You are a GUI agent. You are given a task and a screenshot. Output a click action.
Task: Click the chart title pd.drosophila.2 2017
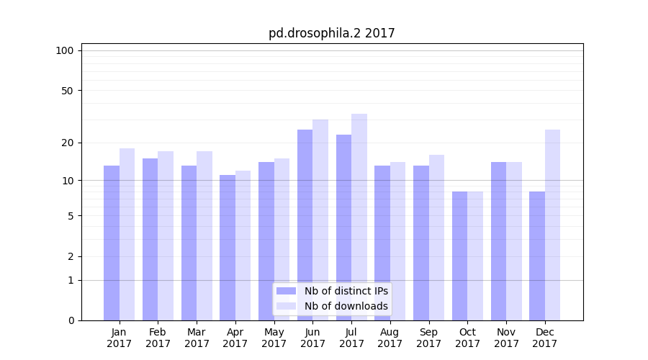click(331, 33)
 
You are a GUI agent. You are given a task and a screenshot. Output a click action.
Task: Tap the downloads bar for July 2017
click(359, 217)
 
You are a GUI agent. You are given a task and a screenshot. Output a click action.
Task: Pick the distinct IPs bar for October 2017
click(459, 256)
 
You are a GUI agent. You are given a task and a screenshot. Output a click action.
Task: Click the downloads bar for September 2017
click(436, 238)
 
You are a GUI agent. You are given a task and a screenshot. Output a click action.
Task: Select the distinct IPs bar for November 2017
click(498, 241)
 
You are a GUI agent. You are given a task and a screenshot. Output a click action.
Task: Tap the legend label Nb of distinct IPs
click(346, 291)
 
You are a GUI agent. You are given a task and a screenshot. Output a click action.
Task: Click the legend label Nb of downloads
click(346, 306)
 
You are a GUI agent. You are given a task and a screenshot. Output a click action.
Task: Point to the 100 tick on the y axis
click(65, 50)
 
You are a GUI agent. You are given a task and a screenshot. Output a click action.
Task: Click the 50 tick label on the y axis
click(67, 91)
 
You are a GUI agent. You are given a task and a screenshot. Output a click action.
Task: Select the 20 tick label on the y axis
click(67, 143)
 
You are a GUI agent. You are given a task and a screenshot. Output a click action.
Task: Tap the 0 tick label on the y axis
click(71, 320)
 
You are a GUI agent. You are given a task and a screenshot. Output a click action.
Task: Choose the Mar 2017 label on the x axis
click(197, 338)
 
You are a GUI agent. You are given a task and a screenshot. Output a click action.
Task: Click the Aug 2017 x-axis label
click(390, 338)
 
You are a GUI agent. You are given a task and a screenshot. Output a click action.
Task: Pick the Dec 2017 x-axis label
click(545, 338)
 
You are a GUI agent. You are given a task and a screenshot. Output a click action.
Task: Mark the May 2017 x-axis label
click(274, 338)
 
